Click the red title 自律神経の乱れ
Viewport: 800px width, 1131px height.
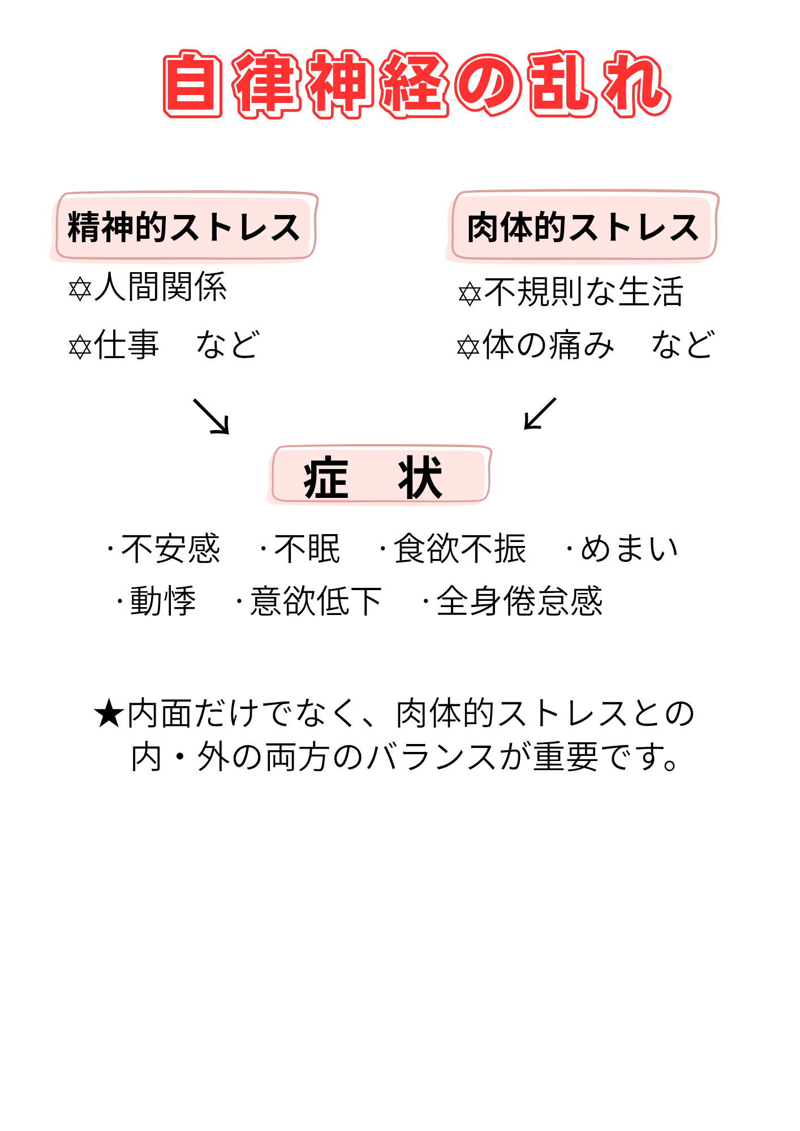tap(417, 85)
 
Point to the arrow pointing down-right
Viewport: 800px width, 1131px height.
tap(212, 416)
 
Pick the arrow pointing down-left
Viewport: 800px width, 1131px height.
tap(540, 414)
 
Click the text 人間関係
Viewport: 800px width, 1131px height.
tap(161, 287)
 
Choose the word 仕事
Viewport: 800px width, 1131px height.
tap(127, 345)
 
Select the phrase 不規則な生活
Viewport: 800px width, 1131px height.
tap(584, 292)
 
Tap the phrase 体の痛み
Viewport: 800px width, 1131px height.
tap(548, 345)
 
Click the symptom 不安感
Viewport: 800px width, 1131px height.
tap(170, 549)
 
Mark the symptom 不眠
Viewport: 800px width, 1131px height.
tap(307, 549)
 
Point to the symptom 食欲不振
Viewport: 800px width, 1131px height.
tap(459, 549)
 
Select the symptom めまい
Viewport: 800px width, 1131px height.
tap(629, 549)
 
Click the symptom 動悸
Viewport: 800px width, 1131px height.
tap(163, 601)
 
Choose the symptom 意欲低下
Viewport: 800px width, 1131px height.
tap(316, 601)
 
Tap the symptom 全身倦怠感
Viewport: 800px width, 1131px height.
tap(519, 601)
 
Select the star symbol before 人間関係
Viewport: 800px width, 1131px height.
tap(80, 289)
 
